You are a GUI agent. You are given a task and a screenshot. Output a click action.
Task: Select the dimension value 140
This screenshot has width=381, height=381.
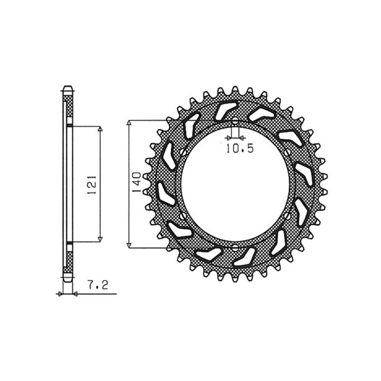tap(136, 183)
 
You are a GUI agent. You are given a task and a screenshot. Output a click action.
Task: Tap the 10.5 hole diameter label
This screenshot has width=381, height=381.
tap(240, 149)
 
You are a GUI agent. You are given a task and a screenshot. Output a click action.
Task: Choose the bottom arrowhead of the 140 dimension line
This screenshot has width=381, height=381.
tap(129, 245)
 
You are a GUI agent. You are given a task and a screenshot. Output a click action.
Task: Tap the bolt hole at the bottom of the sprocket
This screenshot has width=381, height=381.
tap(236, 248)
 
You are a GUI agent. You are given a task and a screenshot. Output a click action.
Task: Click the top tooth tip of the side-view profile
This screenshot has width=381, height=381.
tap(67, 88)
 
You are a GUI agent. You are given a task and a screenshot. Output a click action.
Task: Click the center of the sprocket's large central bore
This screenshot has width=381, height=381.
tap(236, 184)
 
